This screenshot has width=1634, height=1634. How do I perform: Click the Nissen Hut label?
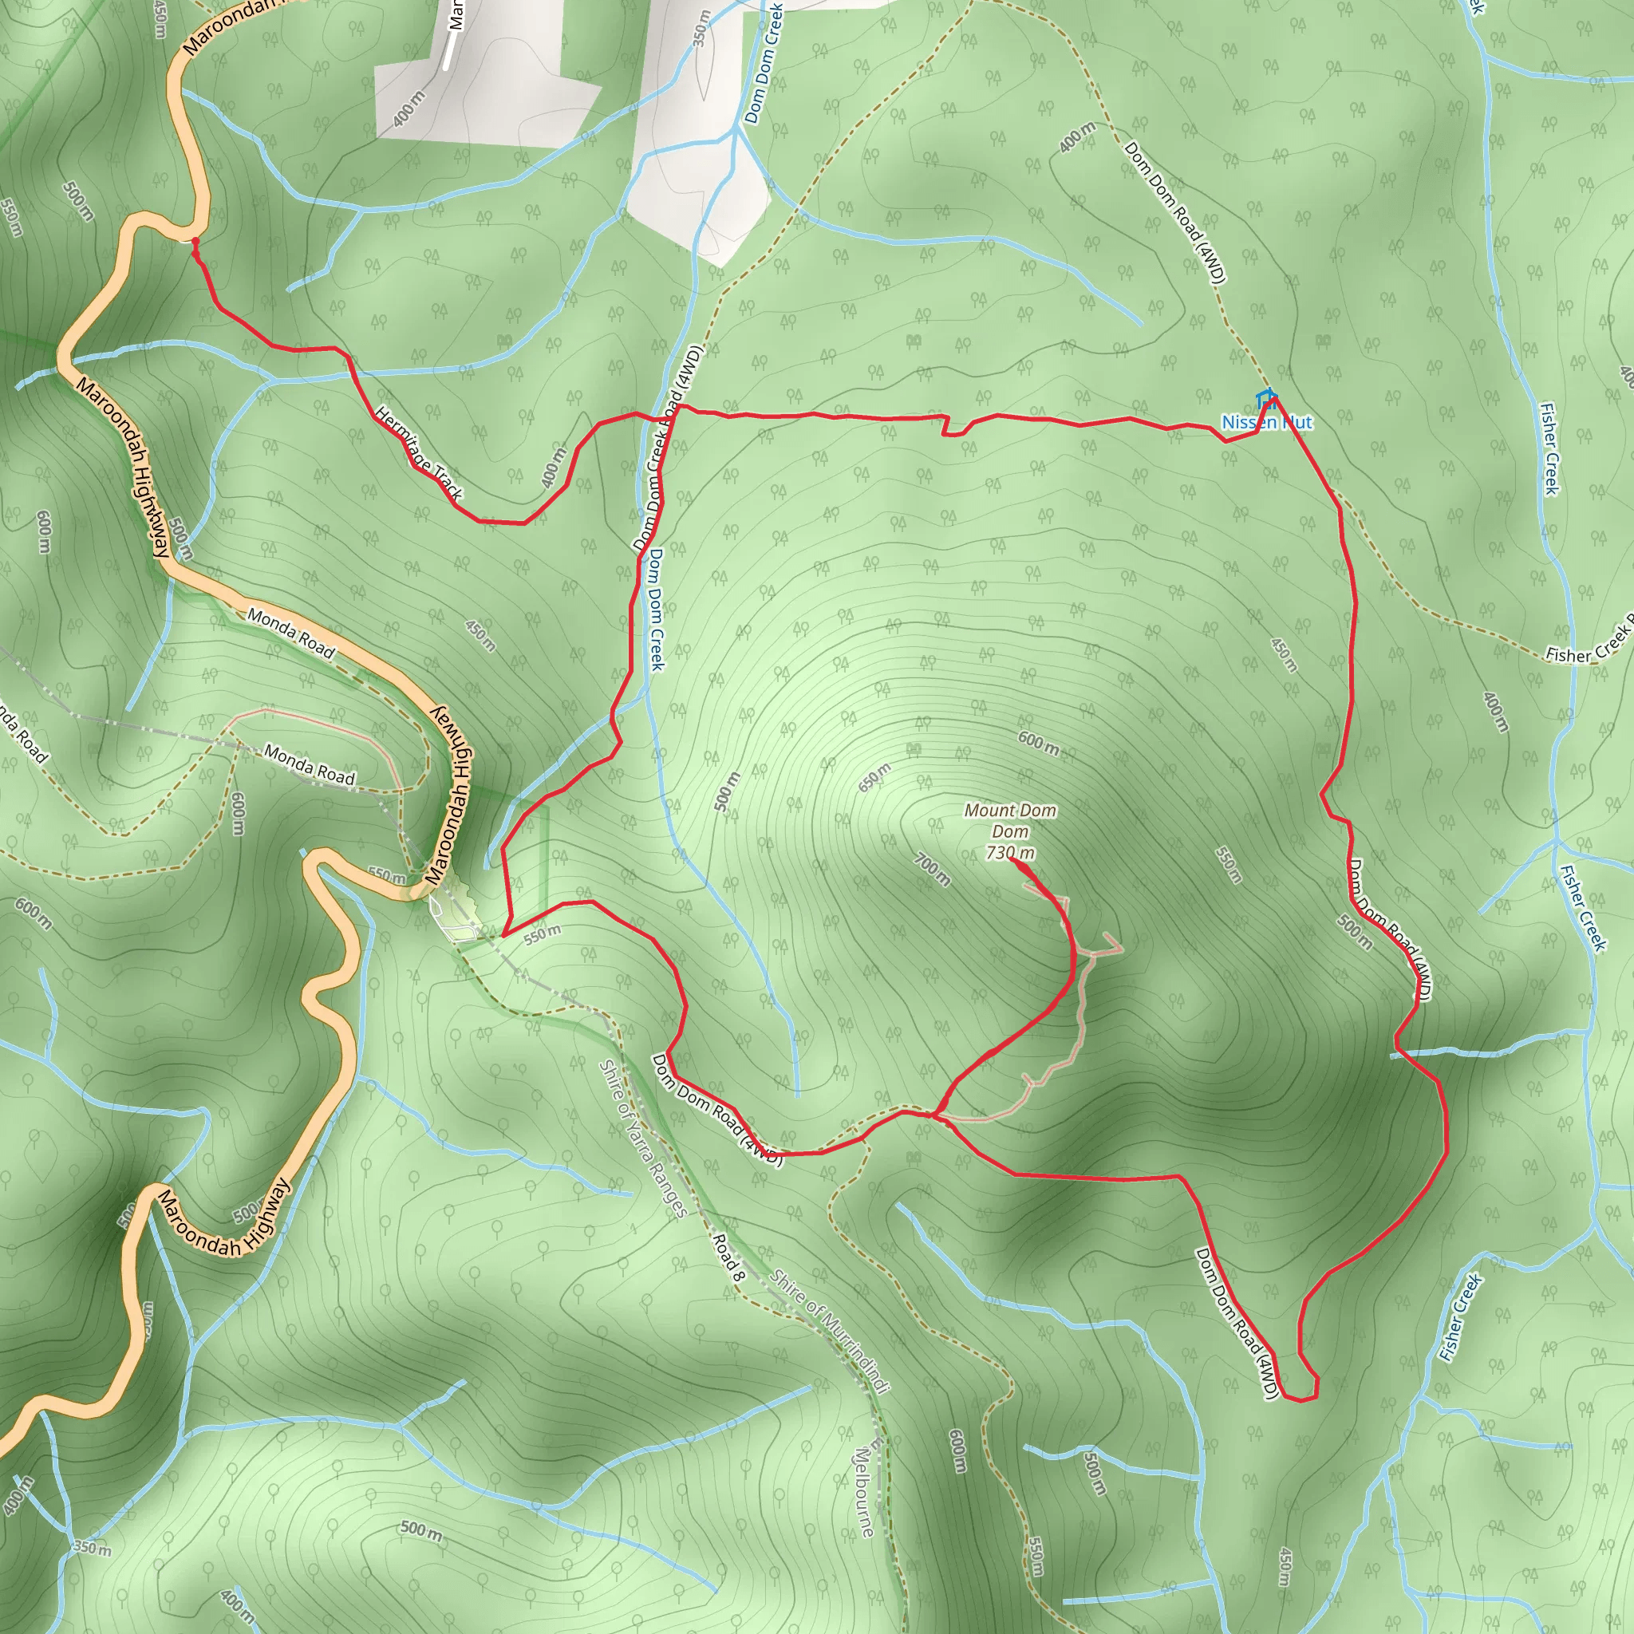[x=1266, y=422]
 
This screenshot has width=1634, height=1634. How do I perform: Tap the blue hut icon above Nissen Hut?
[x=1265, y=397]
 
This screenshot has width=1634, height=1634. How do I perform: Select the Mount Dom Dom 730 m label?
[x=1010, y=831]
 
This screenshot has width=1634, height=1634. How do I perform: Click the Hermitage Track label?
[x=419, y=453]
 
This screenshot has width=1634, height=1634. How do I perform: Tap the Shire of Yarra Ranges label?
[x=644, y=1139]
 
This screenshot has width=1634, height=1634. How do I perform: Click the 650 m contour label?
[x=874, y=777]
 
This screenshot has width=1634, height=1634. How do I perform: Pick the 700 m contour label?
[x=932, y=870]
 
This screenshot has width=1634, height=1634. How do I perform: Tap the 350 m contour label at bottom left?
[x=91, y=1549]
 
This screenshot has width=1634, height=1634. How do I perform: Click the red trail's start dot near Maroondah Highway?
[x=195, y=242]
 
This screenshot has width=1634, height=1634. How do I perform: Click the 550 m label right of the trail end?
[x=1228, y=864]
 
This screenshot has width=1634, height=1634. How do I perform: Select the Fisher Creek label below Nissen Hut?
[x=1549, y=448]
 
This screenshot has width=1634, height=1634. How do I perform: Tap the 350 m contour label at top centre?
[x=701, y=28]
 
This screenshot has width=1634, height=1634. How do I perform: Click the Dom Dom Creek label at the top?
[x=764, y=64]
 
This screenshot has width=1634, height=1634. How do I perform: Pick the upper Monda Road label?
[x=291, y=633]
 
